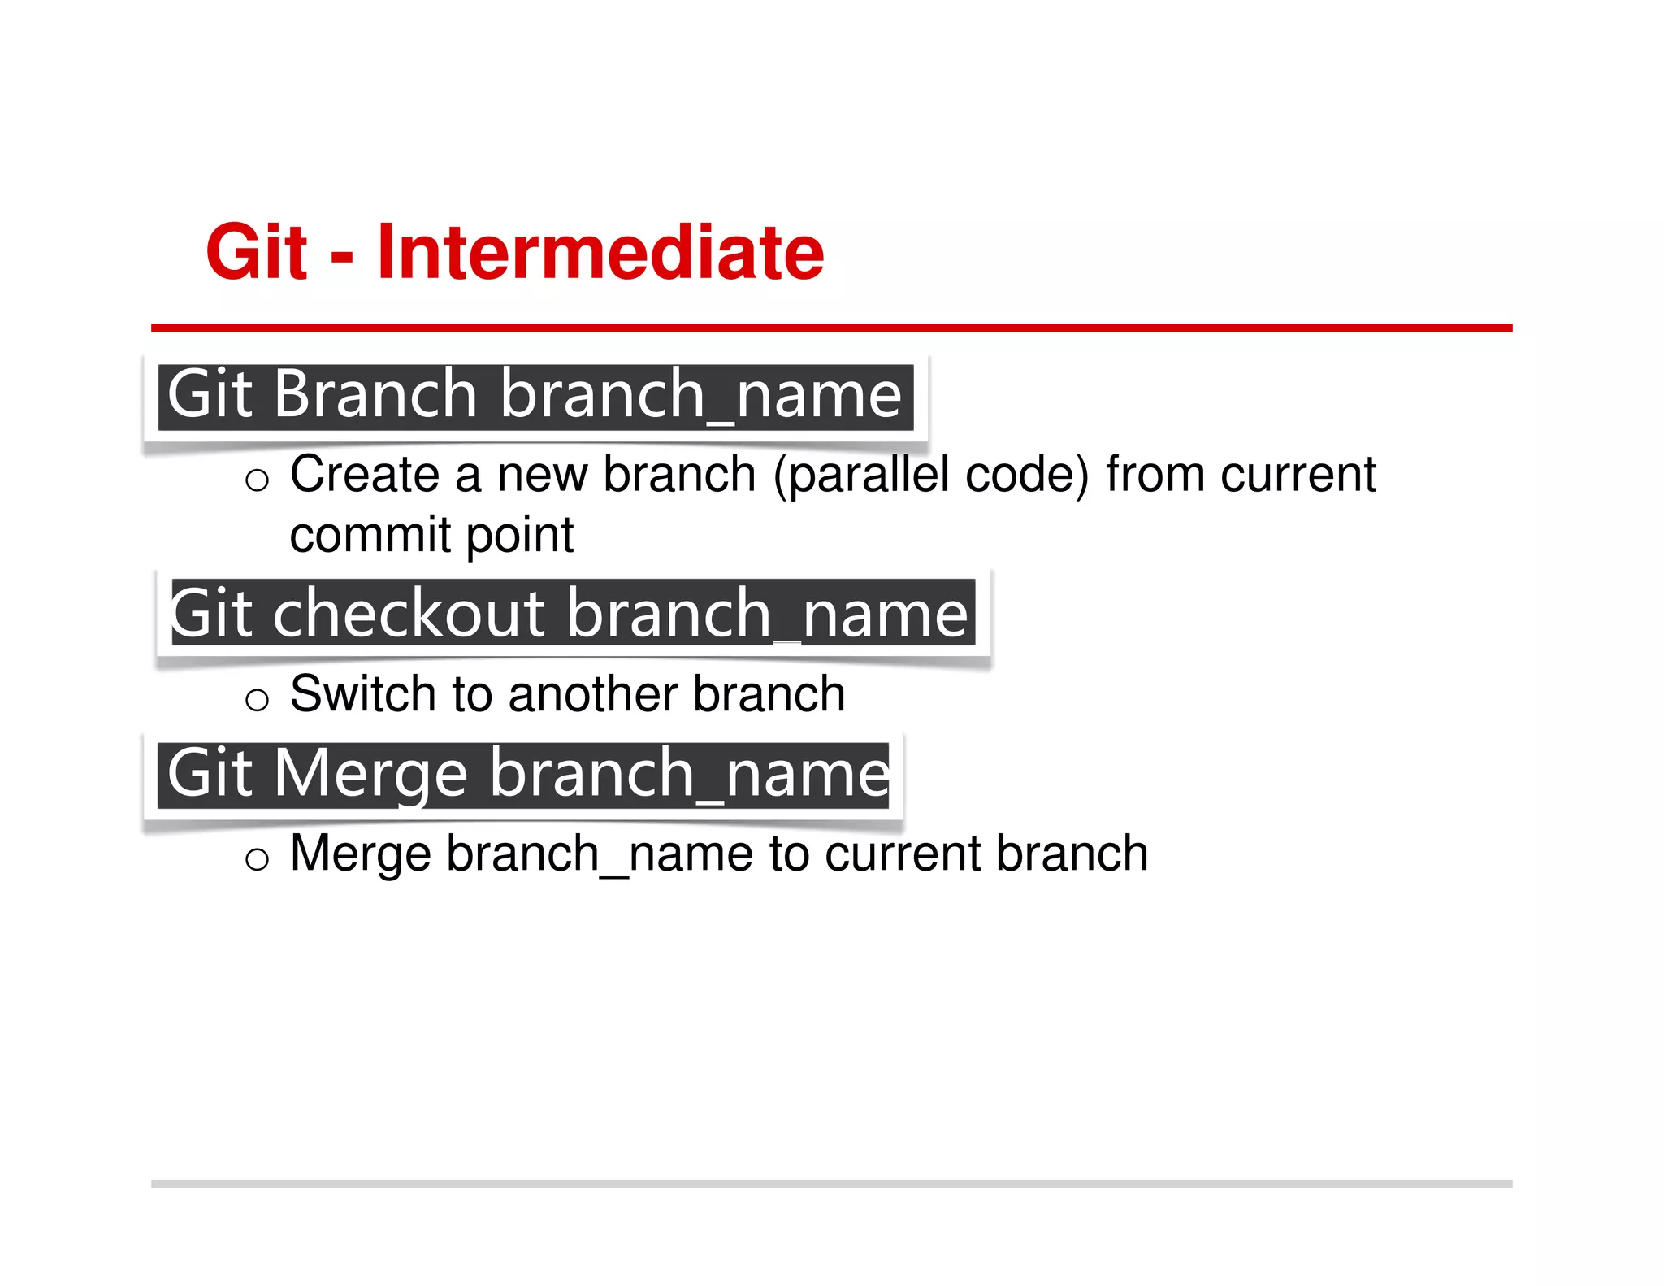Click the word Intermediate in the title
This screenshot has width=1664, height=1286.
(600, 253)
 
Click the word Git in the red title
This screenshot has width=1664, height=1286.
(257, 253)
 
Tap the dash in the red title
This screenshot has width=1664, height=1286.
(342, 255)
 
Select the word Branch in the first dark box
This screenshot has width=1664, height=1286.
(375, 395)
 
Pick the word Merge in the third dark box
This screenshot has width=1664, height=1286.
(370, 774)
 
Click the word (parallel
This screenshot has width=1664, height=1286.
(861, 476)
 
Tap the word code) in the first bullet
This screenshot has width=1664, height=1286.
(1026, 476)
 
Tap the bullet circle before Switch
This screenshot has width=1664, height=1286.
(257, 700)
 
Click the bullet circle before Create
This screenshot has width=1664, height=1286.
(257, 480)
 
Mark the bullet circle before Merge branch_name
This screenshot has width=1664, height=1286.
(257, 859)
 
